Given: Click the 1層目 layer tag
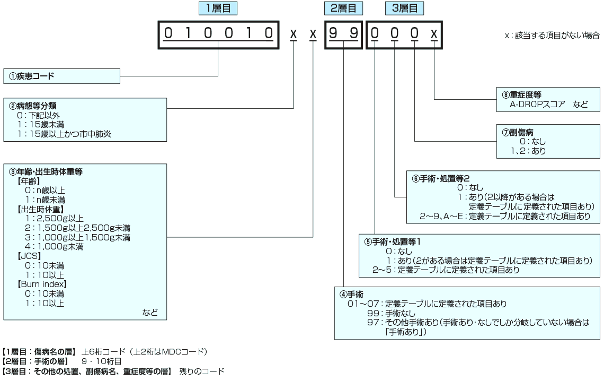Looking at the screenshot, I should click(x=218, y=8).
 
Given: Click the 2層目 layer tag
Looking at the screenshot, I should click(x=343, y=8).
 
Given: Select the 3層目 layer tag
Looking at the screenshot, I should click(x=405, y=8).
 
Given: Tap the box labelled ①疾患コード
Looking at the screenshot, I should click(x=61, y=76).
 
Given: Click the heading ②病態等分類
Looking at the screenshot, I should click(x=33, y=106).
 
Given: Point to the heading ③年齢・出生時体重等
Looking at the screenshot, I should click(x=46, y=171).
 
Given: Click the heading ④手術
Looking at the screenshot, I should click(x=352, y=294).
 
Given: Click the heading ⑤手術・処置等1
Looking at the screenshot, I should click(x=393, y=241).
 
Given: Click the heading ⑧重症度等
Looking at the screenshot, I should click(x=522, y=95).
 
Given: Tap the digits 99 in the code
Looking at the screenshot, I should click(x=343, y=34).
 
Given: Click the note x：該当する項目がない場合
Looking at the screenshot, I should click(x=552, y=36).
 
